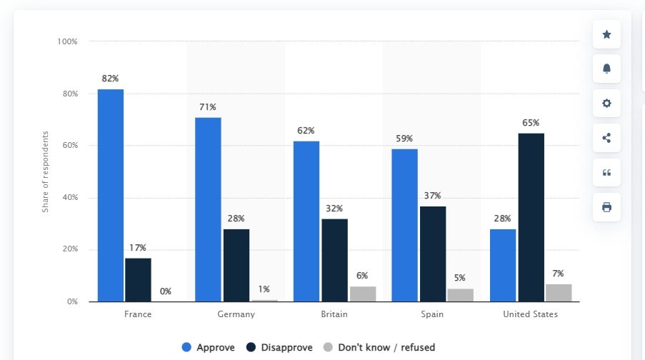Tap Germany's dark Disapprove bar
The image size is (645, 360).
236,265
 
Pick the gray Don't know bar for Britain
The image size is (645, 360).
363,294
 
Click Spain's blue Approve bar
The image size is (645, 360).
404,225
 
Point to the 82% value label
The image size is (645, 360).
110,79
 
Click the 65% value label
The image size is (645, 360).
531,123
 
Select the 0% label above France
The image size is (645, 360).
165,291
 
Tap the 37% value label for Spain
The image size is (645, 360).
432,196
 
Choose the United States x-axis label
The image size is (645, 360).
530,314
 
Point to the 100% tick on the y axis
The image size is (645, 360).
68,42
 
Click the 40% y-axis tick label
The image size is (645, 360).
69,198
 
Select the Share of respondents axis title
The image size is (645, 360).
45,171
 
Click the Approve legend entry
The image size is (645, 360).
208,348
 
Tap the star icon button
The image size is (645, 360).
606,34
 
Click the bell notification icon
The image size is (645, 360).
606,69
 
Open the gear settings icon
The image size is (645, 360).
606,103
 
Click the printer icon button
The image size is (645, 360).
606,207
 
